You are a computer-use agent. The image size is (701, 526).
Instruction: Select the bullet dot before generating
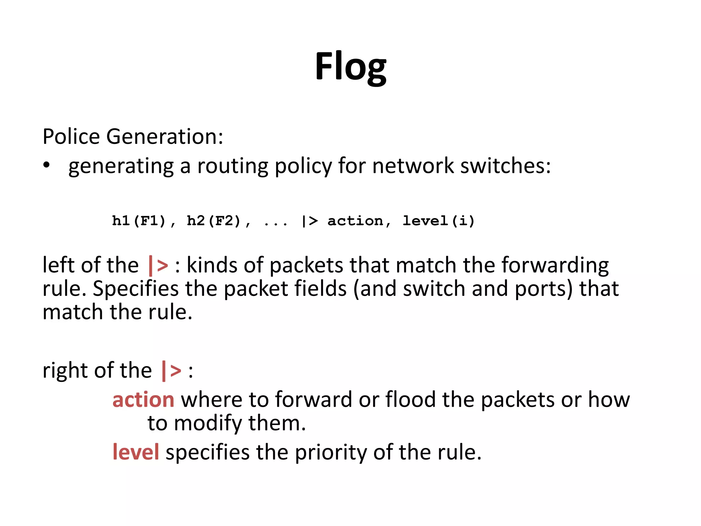coord(47,165)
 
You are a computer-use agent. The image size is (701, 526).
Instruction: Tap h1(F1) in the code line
coord(139,221)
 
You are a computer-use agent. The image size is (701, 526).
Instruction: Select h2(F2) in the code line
coord(214,221)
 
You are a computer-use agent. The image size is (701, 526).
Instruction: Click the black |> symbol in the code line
coord(309,221)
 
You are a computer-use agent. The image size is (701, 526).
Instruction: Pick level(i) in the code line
coord(439,221)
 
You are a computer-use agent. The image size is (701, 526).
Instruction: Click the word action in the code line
coord(355,221)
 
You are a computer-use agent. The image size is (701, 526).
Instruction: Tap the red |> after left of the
coord(158,265)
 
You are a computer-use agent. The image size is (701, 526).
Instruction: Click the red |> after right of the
coord(171,371)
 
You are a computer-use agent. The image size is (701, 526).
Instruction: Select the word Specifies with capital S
coord(136,289)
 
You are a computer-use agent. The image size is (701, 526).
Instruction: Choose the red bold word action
coord(143,400)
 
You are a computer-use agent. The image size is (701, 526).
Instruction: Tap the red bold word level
coord(136,452)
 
